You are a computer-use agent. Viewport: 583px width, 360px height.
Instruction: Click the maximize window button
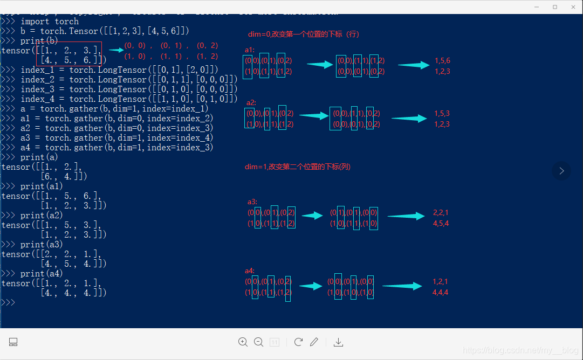click(x=555, y=7)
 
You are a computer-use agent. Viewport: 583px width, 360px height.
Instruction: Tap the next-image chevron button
click(x=561, y=171)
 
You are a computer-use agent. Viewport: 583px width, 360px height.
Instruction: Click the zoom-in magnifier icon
click(x=243, y=342)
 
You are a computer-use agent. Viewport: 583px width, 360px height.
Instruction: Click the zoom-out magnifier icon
click(x=258, y=342)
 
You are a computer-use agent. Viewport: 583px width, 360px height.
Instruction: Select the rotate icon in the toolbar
click(x=298, y=342)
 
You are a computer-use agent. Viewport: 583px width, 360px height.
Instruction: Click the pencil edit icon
click(x=314, y=342)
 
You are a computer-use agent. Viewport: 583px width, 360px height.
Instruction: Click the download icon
click(x=338, y=342)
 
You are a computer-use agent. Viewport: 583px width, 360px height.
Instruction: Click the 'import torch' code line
click(x=50, y=22)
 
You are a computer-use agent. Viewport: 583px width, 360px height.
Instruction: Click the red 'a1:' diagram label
click(x=249, y=50)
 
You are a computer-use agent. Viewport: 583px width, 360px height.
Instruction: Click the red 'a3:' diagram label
click(x=252, y=202)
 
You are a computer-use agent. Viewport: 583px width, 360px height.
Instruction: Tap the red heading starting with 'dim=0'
click(x=304, y=34)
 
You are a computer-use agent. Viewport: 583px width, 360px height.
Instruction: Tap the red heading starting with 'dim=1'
click(x=298, y=167)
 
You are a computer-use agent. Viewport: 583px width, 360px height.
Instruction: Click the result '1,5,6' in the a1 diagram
click(x=442, y=61)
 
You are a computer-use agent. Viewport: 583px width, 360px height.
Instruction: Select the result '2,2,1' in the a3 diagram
click(x=441, y=213)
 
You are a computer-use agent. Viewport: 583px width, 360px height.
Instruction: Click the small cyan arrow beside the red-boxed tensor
click(x=116, y=50)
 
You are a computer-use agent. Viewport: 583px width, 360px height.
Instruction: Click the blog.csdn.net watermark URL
click(x=520, y=350)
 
